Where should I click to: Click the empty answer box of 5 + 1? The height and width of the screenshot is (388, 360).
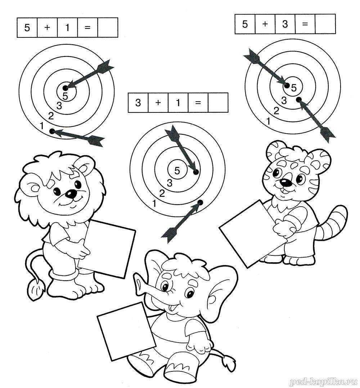[x=108, y=27]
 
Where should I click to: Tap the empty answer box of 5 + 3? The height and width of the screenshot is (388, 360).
[x=325, y=24]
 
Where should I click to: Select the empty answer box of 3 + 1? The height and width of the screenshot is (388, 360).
[x=218, y=103]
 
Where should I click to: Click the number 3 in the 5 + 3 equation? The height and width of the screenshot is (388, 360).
[x=285, y=24]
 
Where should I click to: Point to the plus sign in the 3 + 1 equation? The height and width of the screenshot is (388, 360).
[x=158, y=102]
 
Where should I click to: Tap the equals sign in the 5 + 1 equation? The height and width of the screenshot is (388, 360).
[x=87, y=27]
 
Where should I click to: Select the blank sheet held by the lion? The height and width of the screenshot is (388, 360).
[x=107, y=249]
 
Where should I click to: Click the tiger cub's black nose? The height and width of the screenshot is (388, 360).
[x=286, y=183]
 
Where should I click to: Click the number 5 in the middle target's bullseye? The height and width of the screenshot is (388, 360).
[x=177, y=170]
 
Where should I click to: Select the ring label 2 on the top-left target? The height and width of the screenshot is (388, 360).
[x=51, y=116]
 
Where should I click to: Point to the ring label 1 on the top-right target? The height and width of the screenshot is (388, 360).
[x=268, y=121]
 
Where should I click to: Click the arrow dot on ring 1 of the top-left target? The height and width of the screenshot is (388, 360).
[x=52, y=131]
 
